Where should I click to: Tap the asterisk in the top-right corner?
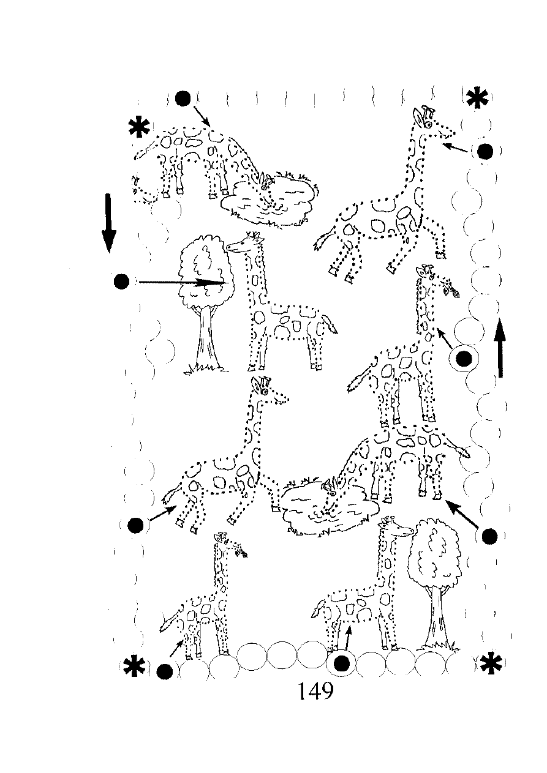(477, 99)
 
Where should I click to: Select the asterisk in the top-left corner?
(139, 128)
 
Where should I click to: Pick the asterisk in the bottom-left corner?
(134, 668)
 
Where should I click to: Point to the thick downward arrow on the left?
(109, 223)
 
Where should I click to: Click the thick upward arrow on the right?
(501, 348)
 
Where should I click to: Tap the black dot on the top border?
(183, 99)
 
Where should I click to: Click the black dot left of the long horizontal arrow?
(121, 282)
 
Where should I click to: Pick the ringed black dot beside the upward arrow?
(464, 359)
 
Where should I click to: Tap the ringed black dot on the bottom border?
(342, 663)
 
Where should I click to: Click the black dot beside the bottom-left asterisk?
(164, 671)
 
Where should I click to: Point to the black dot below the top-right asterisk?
(485, 151)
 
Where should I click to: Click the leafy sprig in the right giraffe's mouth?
(451, 288)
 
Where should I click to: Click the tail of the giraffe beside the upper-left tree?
(330, 325)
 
